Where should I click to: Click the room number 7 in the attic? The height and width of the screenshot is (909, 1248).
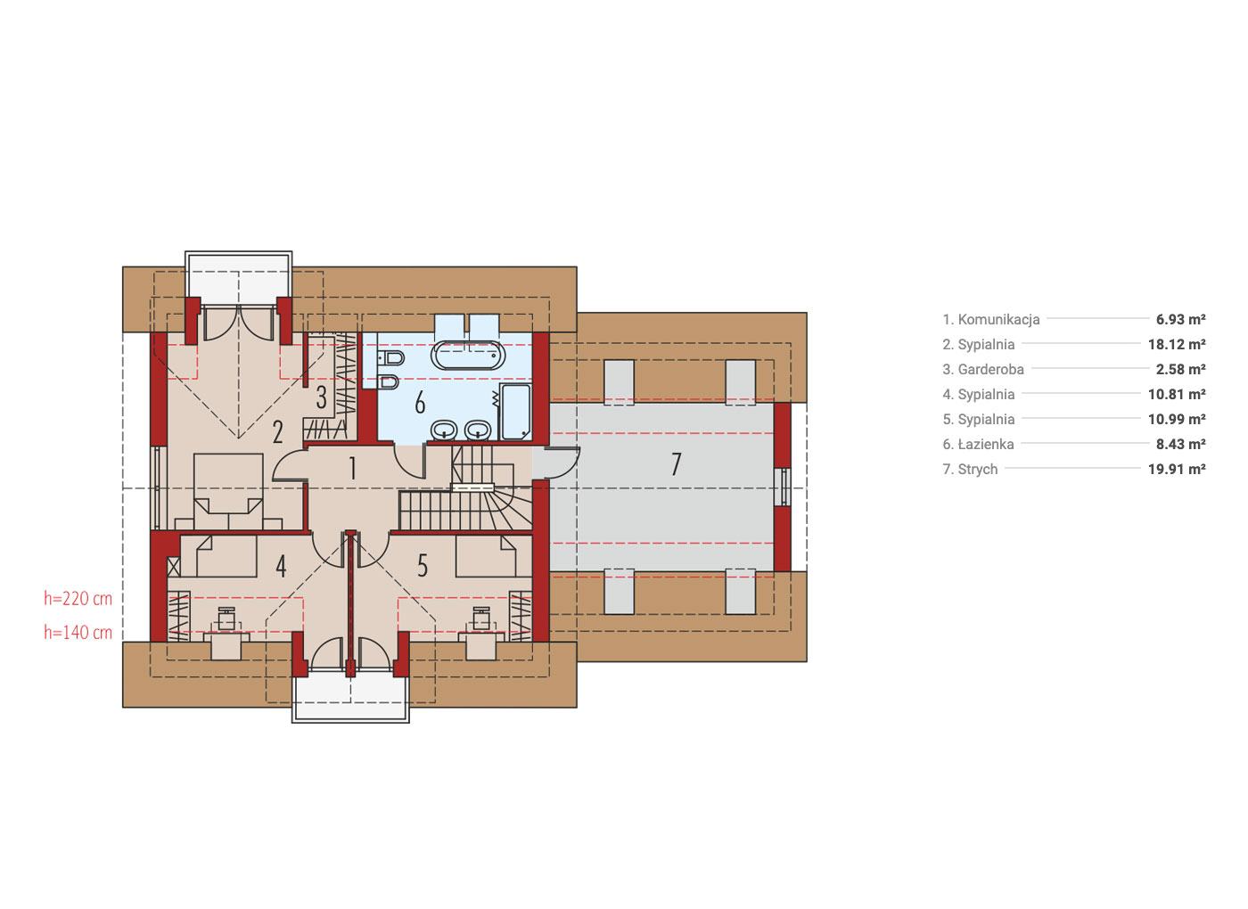click(676, 464)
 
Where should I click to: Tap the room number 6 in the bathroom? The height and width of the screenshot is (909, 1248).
click(420, 402)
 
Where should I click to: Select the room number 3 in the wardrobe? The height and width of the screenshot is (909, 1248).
click(322, 397)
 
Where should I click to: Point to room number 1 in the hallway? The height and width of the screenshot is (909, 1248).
click(352, 469)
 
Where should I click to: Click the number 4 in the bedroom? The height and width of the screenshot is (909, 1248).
click(282, 567)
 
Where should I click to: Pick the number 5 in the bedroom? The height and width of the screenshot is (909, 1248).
click(423, 566)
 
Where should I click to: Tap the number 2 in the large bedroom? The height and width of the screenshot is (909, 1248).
click(277, 432)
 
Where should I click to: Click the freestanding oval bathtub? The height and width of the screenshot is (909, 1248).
click(468, 356)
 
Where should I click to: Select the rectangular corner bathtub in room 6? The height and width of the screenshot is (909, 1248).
click(516, 412)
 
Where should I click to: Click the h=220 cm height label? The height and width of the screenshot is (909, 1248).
click(78, 599)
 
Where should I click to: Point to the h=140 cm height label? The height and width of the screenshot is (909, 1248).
click(78, 633)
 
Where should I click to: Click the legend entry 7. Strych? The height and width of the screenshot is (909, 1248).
click(970, 470)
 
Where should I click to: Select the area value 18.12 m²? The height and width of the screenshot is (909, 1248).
click(1177, 344)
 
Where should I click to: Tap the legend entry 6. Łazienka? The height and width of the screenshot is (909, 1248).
click(978, 445)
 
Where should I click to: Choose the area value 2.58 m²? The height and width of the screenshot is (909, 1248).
click(1180, 369)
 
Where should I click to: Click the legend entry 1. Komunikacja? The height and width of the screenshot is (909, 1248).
click(990, 320)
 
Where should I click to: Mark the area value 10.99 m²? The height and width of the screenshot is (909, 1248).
click(1177, 420)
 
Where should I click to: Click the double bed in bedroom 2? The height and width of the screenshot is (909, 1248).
click(228, 491)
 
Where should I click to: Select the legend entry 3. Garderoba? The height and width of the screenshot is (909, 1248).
click(982, 370)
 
